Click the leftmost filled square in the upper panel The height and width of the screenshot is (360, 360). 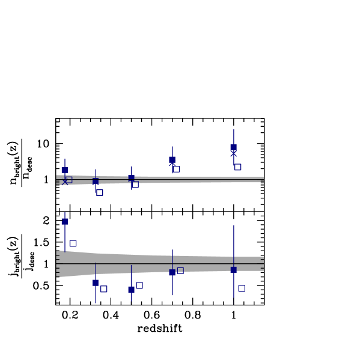point(65,170)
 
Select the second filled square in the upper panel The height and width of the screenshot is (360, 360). point(96,181)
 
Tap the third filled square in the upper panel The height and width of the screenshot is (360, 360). point(131,178)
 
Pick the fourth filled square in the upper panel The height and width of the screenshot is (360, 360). point(172,159)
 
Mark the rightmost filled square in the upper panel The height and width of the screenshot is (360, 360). point(233,147)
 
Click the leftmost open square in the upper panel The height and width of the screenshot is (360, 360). point(69,180)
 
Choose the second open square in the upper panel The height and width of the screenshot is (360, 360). point(100,192)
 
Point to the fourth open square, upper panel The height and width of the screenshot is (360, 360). point(176,169)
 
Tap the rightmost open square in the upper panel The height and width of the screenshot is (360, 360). point(237,166)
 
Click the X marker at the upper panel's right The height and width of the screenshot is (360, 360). point(233,154)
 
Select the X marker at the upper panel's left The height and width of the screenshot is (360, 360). point(65,182)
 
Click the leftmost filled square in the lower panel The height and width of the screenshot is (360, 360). point(65,221)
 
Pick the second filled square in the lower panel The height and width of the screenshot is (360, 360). point(96,282)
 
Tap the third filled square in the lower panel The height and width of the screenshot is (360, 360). point(131,289)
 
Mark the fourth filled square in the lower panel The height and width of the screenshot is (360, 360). point(172,272)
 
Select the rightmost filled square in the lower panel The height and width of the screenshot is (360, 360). point(233,270)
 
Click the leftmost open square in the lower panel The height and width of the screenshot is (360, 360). point(73,243)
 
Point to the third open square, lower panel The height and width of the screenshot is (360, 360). point(139,285)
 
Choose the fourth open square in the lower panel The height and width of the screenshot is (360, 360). point(180,270)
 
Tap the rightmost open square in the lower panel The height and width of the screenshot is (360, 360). point(241,288)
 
